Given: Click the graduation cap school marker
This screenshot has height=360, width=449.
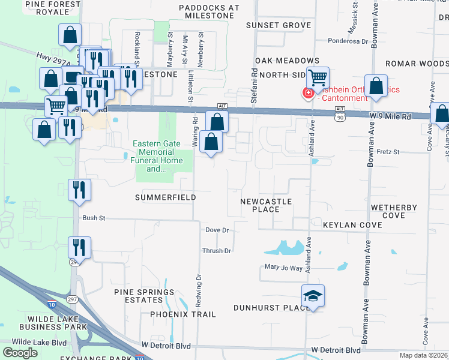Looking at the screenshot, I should coord(313,296).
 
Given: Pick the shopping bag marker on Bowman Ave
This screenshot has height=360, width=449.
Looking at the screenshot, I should coord(376,86).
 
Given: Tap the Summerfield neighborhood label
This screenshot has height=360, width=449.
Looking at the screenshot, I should coord(166,197).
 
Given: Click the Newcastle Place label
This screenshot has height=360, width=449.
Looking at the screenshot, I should coord(266,205).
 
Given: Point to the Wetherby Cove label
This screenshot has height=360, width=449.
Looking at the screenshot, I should coord(394,211).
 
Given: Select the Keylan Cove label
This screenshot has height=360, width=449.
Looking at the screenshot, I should coord(352,225).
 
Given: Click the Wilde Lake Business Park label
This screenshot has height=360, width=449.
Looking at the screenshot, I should coord(53,323).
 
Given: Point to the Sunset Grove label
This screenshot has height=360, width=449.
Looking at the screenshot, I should coord(279,25).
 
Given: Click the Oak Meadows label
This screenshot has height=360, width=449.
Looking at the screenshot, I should coord(287,61).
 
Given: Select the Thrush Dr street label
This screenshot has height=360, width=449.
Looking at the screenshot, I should coord(217,251).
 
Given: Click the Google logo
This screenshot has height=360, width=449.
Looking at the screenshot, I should coord(20,353).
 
